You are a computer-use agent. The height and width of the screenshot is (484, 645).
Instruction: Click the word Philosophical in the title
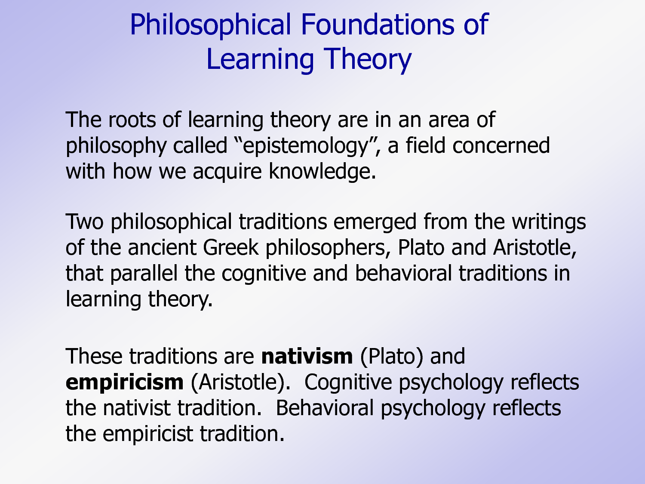(210, 25)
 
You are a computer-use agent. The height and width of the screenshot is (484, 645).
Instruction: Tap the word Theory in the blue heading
(367, 60)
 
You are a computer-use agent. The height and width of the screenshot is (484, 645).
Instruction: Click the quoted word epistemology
(306, 146)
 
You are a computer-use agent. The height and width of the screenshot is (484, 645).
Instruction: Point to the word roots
(132, 120)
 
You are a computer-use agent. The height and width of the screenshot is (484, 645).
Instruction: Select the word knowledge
(322, 171)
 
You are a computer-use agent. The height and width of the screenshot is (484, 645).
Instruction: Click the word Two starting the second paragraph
(85, 222)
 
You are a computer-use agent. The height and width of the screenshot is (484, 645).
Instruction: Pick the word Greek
(230, 247)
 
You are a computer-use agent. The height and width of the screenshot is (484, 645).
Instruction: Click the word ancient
(162, 247)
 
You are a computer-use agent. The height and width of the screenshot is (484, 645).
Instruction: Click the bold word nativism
(307, 357)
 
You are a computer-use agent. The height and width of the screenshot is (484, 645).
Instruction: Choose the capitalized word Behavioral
(325, 408)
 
